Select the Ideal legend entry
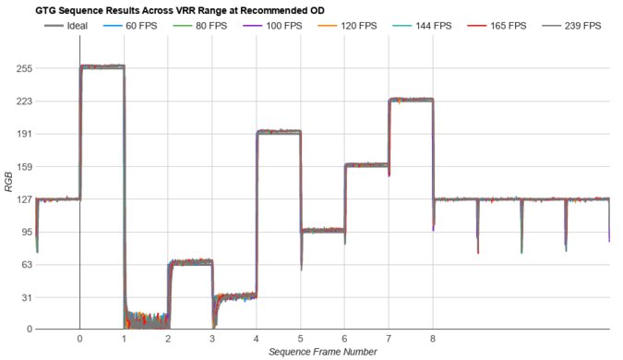(x=66, y=25)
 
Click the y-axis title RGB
(x=8, y=181)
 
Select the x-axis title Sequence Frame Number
(x=323, y=352)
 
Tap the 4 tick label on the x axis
(x=257, y=339)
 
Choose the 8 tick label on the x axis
(x=433, y=339)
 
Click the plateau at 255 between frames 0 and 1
(x=102, y=66)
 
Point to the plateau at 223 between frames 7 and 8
(x=411, y=100)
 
